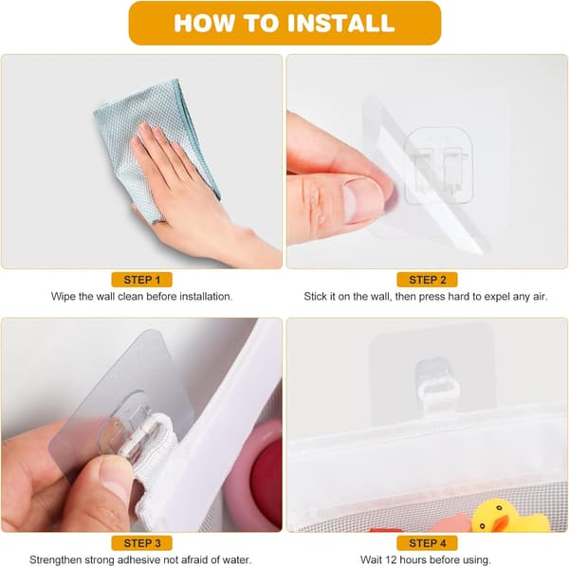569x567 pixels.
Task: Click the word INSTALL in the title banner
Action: [x=340, y=23]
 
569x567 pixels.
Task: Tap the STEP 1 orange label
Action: [x=141, y=280]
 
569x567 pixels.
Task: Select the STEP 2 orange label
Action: [x=427, y=280]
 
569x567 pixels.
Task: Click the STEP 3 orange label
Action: [x=141, y=543]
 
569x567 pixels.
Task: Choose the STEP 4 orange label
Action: [x=427, y=543]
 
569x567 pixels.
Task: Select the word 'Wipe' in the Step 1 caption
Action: [x=64, y=297]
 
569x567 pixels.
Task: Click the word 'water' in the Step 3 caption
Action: [x=236, y=560]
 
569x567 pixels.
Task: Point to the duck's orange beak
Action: [x=500, y=523]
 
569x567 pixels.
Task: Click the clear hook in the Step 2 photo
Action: [x=438, y=165]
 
